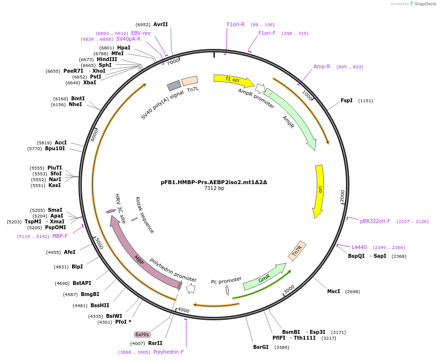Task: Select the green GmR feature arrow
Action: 264,278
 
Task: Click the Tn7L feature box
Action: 190,81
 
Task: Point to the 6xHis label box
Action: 142,334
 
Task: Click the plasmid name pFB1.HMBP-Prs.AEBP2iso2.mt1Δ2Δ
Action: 214,183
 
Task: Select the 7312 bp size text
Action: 214,188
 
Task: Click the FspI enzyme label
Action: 347,101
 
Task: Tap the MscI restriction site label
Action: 333,291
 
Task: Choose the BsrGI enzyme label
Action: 260,347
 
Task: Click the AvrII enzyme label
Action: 161,24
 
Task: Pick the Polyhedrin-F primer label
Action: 168,352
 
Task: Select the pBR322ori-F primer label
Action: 375,221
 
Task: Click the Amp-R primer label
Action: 322,66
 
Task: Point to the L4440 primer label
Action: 359,247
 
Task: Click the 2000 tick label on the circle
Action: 342,195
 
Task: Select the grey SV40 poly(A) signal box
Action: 174,86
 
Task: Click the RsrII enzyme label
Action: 155,343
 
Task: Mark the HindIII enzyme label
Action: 107,59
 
